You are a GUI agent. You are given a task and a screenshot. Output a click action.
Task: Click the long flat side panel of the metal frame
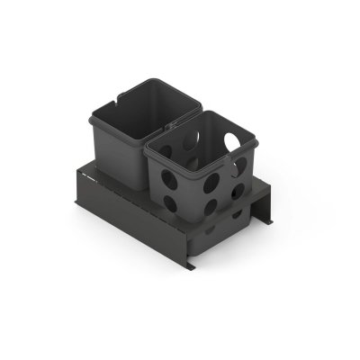(x=126, y=220)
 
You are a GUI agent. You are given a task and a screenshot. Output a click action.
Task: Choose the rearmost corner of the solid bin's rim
(x=169, y=80)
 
